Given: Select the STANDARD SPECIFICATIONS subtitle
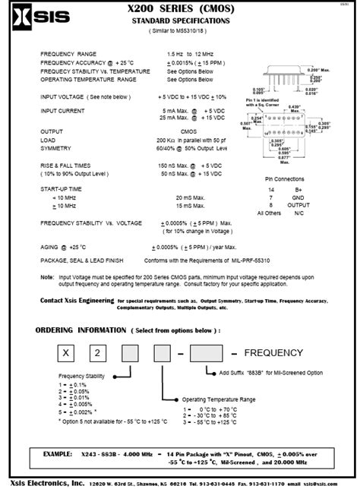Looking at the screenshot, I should coord(180,21).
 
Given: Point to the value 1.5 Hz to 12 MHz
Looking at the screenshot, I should coord(191,55).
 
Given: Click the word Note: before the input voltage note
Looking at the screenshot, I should coord(47,277).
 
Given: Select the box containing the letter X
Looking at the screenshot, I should coord(68,353).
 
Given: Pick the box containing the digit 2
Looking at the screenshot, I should coord(112,353).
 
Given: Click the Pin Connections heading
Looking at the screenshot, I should coord(289,178).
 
